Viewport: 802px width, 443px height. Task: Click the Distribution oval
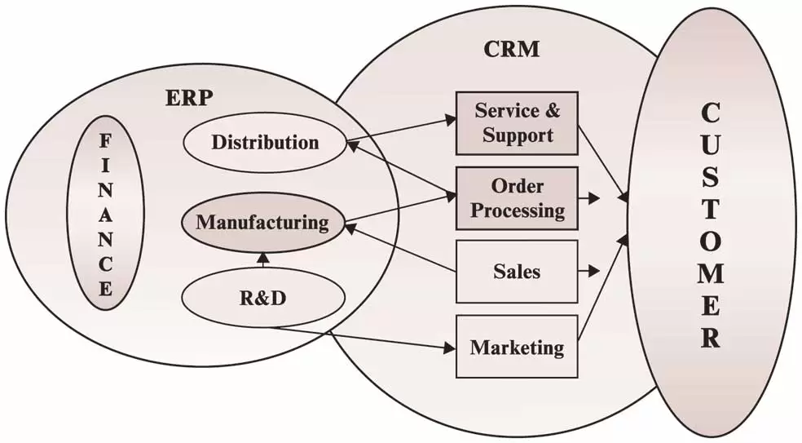(x=264, y=143)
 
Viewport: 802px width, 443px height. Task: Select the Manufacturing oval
(x=262, y=222)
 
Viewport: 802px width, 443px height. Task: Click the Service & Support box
(x=517, y=122)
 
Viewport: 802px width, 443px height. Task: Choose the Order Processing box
(x=517, y=198)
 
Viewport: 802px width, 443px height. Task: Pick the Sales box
(x=517, y=271)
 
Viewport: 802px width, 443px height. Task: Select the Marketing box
(x=517, y=347)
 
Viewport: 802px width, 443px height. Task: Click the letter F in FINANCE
(x=105, y=140)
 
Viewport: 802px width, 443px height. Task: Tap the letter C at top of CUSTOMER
(x=710, y=113)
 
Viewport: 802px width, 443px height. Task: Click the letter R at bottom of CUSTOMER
(x=711, y=337)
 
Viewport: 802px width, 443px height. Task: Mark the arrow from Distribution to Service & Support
(x=399, y=131)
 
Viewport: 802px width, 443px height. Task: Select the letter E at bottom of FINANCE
(x=105, y=289)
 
